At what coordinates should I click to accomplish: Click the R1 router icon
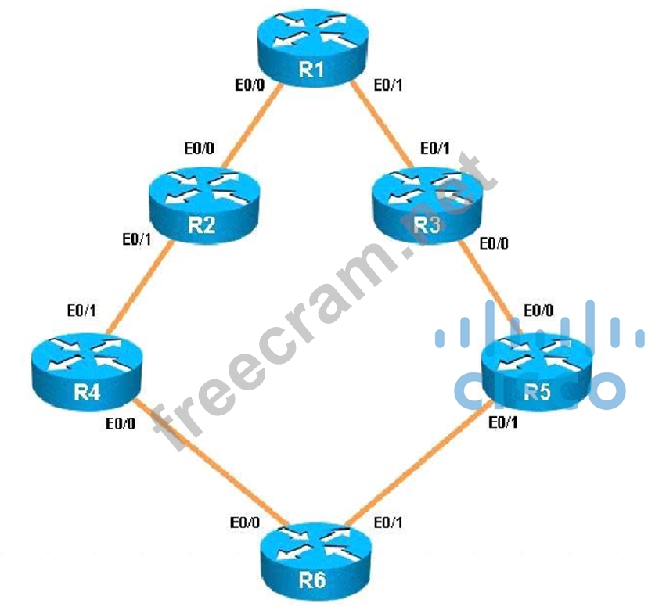[x=311, y=50]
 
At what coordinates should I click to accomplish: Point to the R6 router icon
[x=311, y=559]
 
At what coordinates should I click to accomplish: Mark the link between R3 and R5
[x=487, y=285]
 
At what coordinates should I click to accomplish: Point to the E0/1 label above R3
[x=434, y=148]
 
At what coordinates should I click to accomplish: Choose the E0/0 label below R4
[x=121, y=426]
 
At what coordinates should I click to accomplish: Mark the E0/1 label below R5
[x=502, y=423]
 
